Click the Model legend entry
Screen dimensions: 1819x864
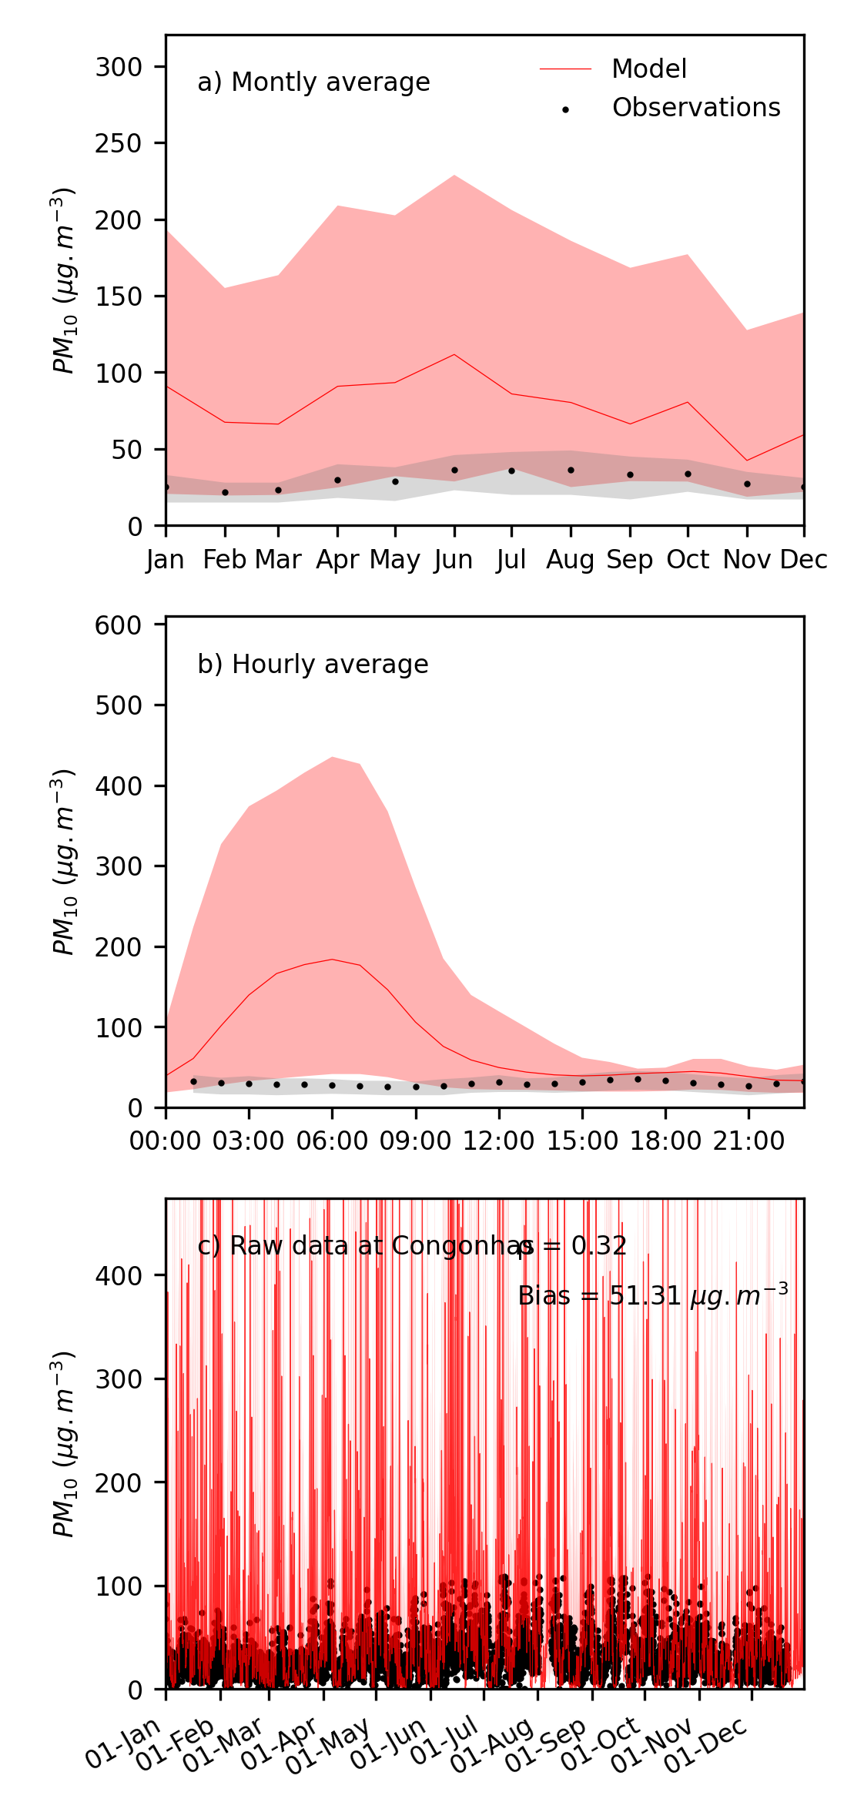click(648, 69)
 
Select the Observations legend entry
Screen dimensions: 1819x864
click(695, 108)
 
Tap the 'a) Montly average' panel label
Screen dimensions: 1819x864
click(313, 82)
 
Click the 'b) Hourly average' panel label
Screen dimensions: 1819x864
click(313, 664)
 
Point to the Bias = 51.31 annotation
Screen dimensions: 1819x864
click(653, 1295)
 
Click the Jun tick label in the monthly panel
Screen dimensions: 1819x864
click(454, 560)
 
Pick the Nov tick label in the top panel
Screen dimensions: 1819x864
click(747, 560)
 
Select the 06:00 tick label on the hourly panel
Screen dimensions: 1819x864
click(332, 1141)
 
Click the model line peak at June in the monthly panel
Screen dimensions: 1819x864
click(454, 354)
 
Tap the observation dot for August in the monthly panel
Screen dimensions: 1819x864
click(571, 470)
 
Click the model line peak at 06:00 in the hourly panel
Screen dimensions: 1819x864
click(332, 959)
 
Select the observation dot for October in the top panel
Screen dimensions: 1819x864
click(688, 474)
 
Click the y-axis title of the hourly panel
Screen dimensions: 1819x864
click(63, 862)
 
